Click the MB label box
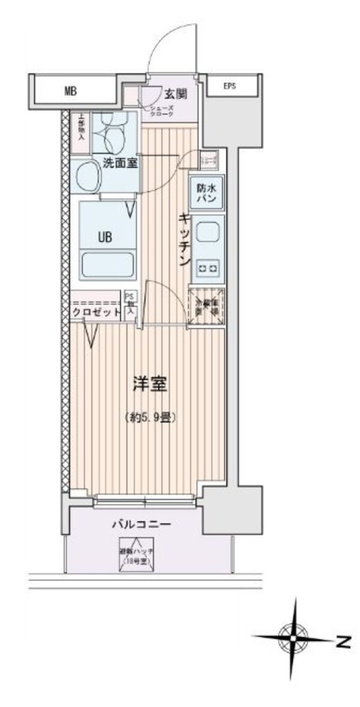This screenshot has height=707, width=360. pyautogui.click(x=71, y=91)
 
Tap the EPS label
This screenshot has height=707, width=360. pyautogui.click(x=230, y=86)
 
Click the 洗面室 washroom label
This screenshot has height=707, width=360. pyautogui.click(x=121, y=162)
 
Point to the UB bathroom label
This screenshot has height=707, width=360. pyautogui.click(x=105, y=236)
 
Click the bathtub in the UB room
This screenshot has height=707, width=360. pyautogui.click(x=106, y=265)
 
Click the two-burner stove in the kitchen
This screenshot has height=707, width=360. pyautogui.click(x=208, y=266)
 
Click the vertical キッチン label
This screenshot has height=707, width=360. pyautogui.click(x=185, y=240)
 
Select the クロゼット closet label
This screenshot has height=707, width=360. pyautogui.click(x=95, y=313)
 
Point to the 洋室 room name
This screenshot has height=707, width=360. pyautogui.click(x=150, y=385)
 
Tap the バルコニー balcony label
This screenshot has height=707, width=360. pyautogui.click(x=142, y=524)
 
